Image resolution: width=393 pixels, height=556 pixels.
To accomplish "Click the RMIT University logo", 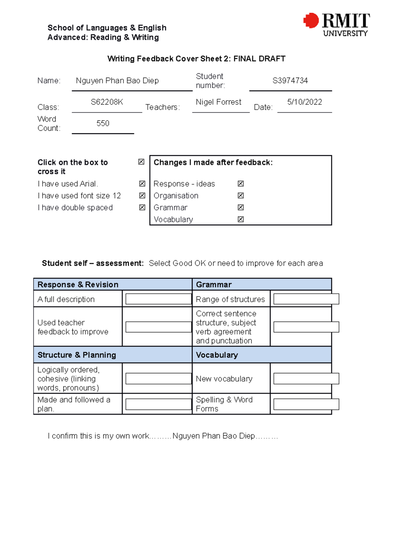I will [x=337, y=25].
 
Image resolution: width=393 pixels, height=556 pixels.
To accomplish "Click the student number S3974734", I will [x=290, y=81].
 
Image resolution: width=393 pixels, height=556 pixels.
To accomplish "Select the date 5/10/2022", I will [x=304, y=102].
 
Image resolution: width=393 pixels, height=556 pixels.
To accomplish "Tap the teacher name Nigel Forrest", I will [x=218, y=102].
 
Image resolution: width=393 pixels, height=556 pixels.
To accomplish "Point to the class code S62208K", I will [x=107, y=102].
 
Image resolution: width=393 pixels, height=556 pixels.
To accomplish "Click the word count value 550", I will [x=103, y=123].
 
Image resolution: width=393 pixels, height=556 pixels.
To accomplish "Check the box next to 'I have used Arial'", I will [x=142, y=184].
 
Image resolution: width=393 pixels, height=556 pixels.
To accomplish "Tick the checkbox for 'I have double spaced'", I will [x=142, y=207].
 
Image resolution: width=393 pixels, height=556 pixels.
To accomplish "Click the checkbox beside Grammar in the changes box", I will [x=241, y=207].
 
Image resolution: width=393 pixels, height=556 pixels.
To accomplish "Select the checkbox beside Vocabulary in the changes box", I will [x=241, y=219].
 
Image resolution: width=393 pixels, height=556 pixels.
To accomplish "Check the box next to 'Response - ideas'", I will [x=241, y=184].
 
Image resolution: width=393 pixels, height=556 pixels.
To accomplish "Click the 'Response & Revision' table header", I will [x=78, y=285].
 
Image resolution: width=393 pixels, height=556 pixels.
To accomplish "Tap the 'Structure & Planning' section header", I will [x=77, y=355].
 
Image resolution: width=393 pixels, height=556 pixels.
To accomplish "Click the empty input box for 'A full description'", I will [x=159, y=299].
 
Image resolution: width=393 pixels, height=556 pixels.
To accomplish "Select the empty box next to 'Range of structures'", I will [x=306, y=299].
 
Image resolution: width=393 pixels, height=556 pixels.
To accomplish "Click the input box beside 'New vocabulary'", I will [x=306, y=379].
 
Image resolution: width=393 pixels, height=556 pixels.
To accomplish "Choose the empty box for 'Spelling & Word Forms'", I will [x=306, y=404].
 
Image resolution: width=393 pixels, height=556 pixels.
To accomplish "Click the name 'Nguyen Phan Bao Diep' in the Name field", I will [x=117, y=81].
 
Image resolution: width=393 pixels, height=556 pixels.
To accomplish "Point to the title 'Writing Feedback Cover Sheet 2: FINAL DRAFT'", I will [x=196, y=59].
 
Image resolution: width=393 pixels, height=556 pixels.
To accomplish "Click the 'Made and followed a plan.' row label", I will [x=74, y=404].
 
